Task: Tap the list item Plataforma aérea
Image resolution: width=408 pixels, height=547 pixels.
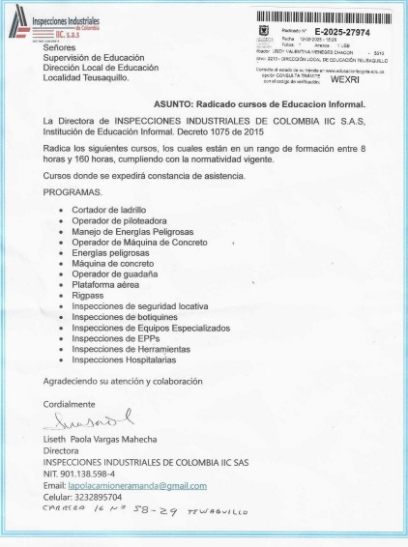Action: (x=106, y=285)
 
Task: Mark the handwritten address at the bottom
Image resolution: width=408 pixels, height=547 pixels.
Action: (x=145, y=511)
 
